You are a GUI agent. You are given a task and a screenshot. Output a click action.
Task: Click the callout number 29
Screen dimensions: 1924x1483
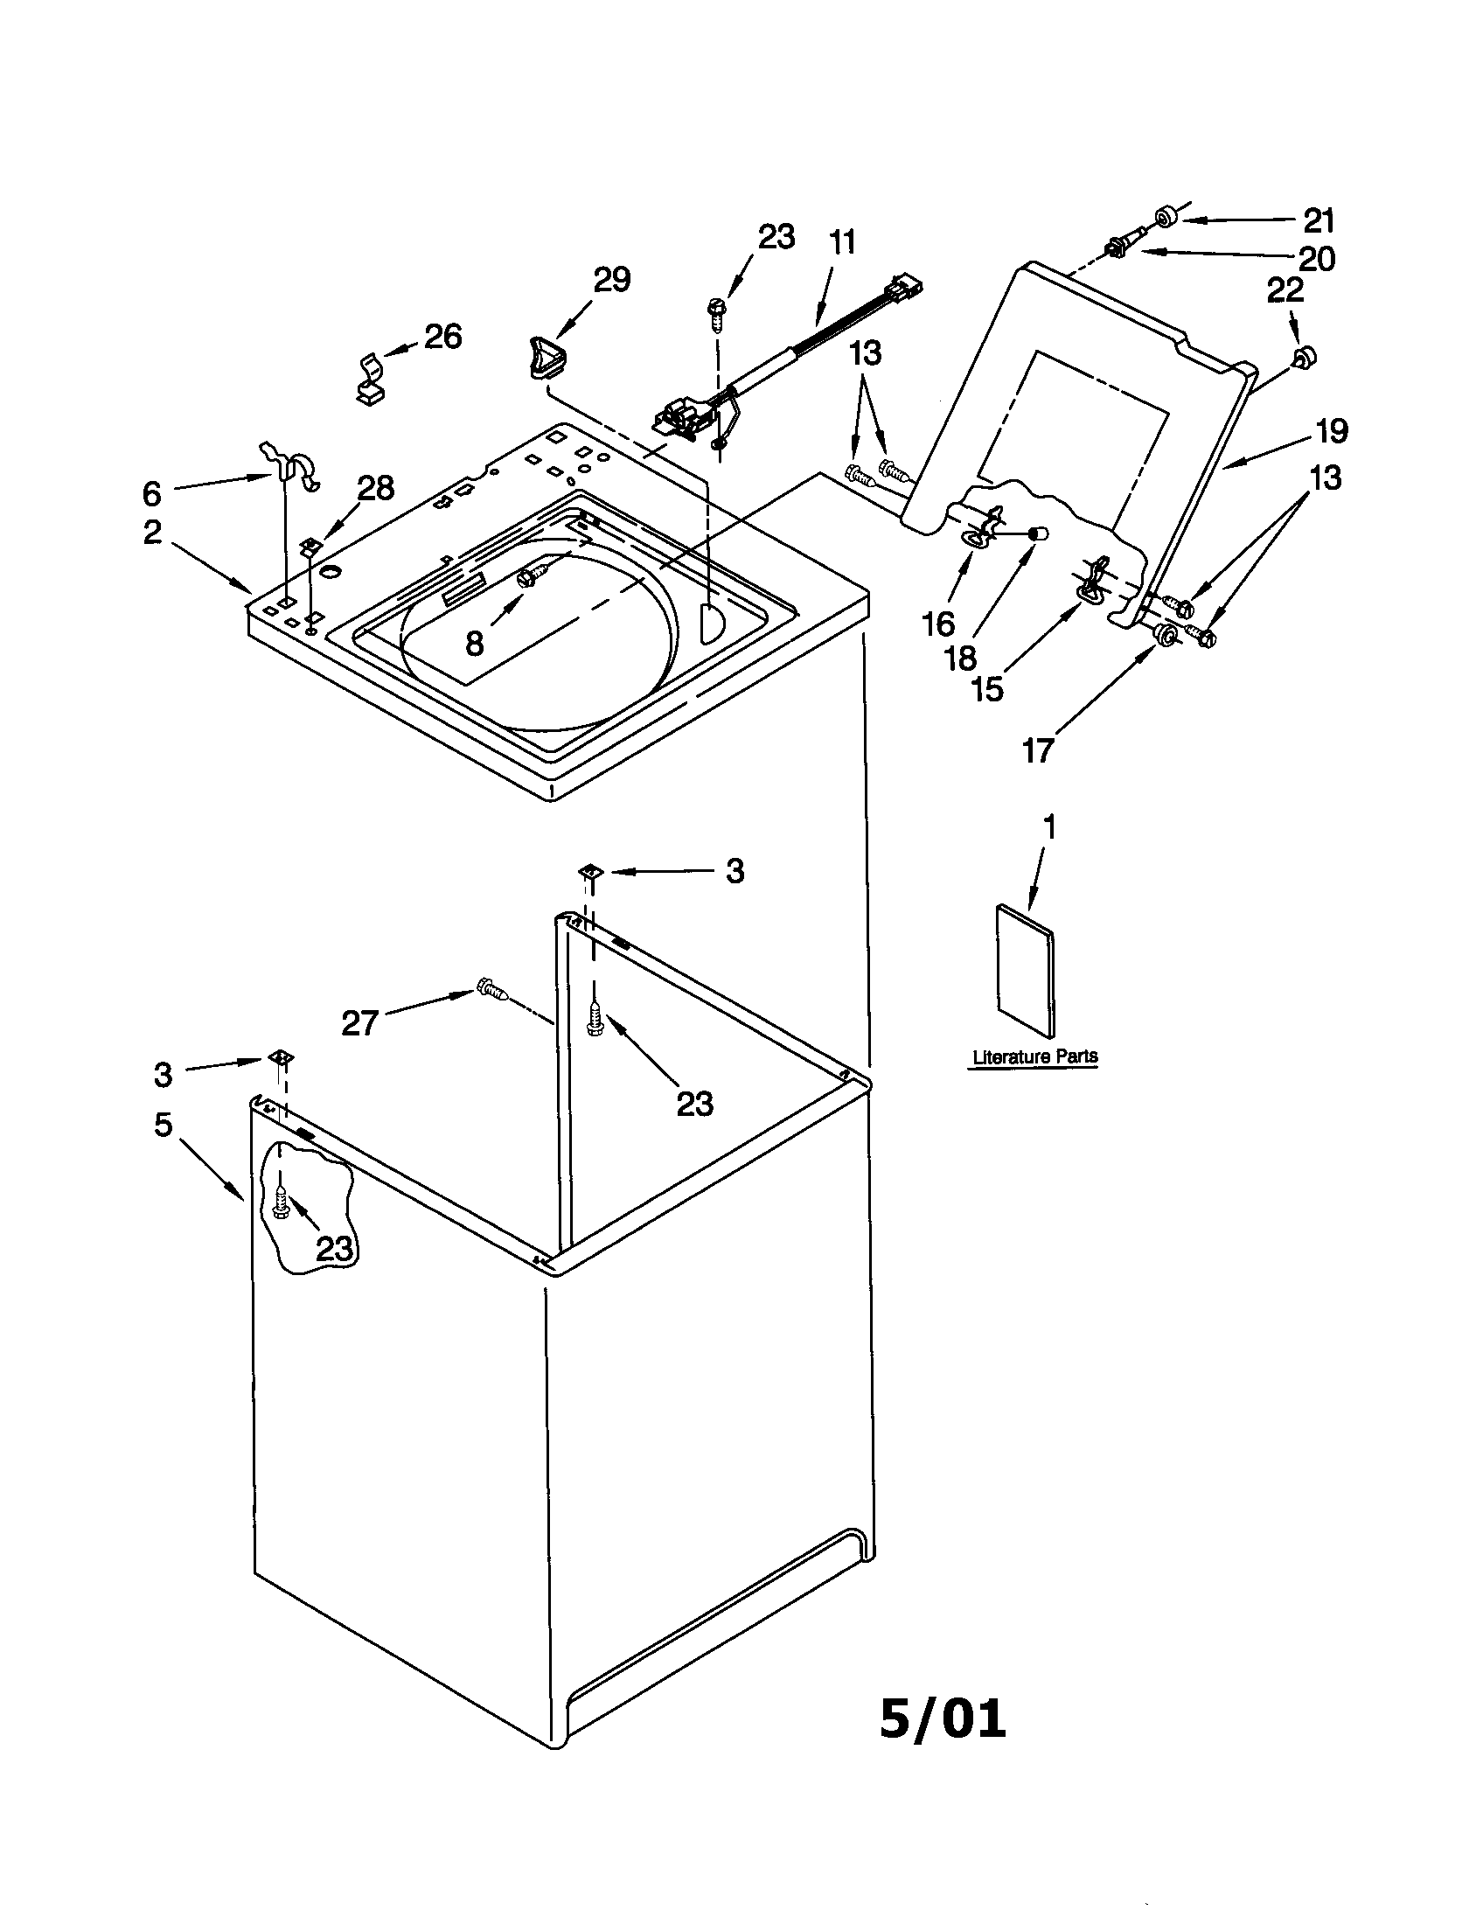click(x=612, y=279)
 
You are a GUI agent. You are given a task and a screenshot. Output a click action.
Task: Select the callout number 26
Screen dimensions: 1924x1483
click(x=443, y=336)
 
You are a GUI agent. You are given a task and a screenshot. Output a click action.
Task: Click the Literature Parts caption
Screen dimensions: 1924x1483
click(x=1034, y=1056)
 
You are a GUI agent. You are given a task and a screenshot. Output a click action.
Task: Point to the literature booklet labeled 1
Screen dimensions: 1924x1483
click(x=1025, y=969)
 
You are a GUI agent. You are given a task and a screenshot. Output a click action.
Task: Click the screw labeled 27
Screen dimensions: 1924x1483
click(x=491, y=989)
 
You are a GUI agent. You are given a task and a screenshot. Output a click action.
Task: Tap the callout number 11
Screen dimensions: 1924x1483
click(x=842, y=242)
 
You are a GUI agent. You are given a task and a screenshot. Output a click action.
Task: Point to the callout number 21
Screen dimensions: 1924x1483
click(x=1319, y=220)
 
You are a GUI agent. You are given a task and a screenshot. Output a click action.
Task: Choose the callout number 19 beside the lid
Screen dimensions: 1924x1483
click(x=1331, y=431)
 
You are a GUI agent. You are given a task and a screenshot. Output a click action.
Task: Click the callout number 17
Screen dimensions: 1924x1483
click(x=1037, y=749)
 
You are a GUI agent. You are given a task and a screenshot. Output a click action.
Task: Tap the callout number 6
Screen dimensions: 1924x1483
click(x=152, y=494)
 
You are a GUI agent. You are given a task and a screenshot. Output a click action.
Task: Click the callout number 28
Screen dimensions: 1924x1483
click(x=376, y=487)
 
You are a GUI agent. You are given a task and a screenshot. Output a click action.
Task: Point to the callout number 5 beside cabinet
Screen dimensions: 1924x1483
click(x=163, y=1124)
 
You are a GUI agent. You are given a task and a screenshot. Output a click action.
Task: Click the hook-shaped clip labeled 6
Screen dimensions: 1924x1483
click(x=292, y=464)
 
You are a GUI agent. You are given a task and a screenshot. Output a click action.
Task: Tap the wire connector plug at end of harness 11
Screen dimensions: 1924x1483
click(x=905, y=287)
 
